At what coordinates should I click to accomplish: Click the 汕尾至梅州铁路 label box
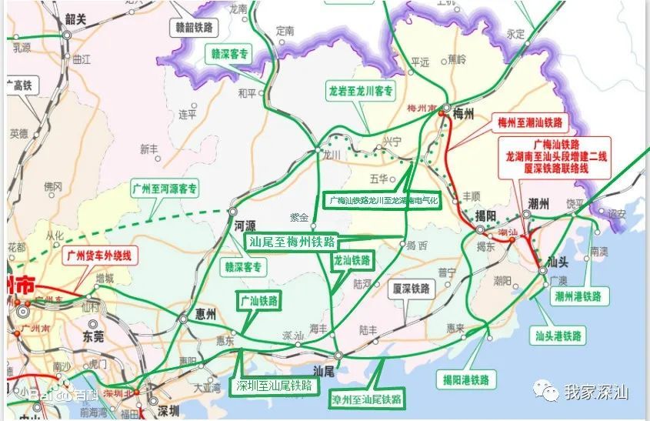coord(292,241)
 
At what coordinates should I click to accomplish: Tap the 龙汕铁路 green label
coord(352,260)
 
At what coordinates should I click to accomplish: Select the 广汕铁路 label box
coord(258,301)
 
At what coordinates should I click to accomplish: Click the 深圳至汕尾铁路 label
coord(274,386)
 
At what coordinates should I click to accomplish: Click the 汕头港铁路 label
coord(559,336)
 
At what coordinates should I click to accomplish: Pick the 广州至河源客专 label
coord(165,188)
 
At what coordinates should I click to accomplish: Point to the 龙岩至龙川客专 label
coord(361,91)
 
